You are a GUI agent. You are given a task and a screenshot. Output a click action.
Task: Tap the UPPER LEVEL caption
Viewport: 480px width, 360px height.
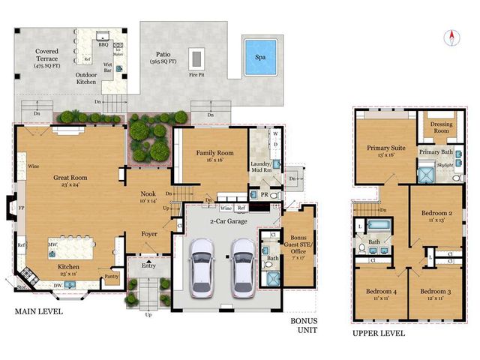click(x=379, y=333)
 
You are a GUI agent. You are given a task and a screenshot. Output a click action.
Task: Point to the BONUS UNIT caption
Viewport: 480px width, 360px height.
click(x=304, y=324)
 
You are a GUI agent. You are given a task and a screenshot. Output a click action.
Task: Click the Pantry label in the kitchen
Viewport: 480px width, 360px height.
click(x=112, y=277)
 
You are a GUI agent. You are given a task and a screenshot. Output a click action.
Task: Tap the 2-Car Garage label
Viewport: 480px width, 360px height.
click(x=223, y=222)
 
